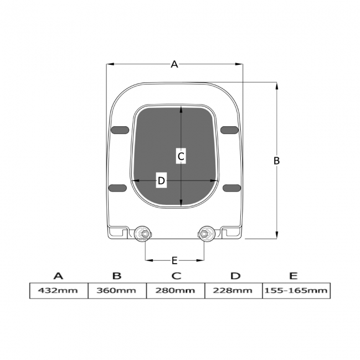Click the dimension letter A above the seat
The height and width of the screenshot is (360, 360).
(x=174, y=65)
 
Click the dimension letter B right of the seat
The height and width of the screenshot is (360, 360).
(x=277, y=161)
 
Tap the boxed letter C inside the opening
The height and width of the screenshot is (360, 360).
(x=181, y=157)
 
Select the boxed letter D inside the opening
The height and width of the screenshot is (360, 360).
(x=161, y=181)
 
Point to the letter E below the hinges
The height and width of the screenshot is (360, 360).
(x=174, y=260)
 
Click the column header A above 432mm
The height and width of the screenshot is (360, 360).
(x=58, y=276)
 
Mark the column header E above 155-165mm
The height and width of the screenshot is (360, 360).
(x=294, y=276)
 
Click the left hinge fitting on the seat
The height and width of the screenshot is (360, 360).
(x=143, y=234)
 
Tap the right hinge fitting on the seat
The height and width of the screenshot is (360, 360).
(x=207, y=234)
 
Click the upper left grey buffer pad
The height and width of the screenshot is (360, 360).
(x=120, y=130)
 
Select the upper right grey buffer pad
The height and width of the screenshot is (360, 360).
(x=229, y=130)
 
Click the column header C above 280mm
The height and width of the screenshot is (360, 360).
(x=176, y=276)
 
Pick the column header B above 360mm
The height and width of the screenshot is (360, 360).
(x=117, y=276)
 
